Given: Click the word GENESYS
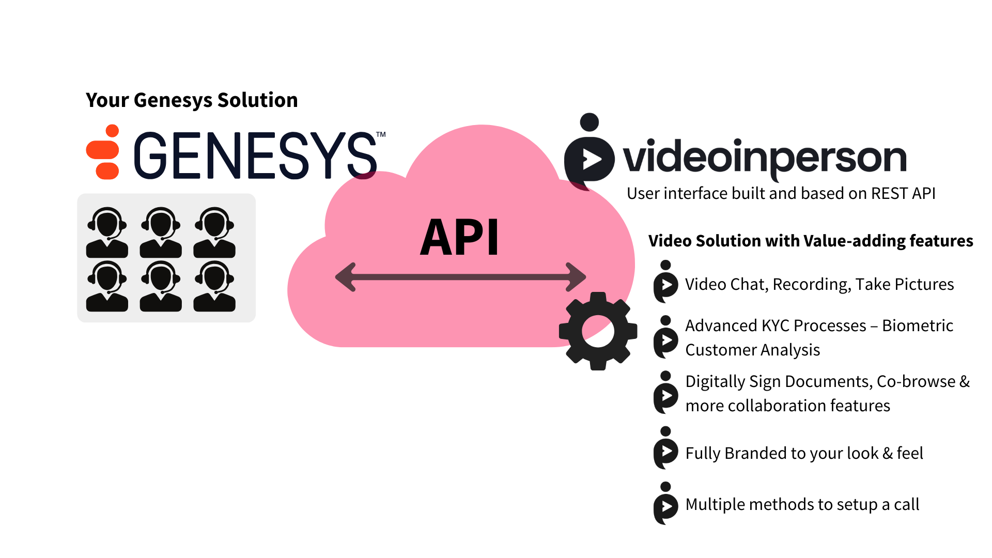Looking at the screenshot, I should point(256,155).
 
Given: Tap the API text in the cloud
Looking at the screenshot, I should point(459,238).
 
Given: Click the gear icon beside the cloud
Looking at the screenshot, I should point(598,331).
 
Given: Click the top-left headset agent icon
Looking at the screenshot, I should point(107,233).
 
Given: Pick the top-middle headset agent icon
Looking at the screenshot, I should point(161,233).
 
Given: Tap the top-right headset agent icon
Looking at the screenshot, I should point(214,233).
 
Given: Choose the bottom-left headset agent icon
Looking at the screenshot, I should point(107,286).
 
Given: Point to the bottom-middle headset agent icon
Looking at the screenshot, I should point(161,286).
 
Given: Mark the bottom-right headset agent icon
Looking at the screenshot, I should point(214,286).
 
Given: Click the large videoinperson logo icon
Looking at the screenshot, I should point(590,152).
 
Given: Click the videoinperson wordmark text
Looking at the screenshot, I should point(765,158).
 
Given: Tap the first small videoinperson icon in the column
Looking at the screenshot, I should point(665,282).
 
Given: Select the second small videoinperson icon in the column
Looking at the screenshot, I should point(665,337).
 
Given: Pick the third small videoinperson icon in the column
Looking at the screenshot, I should point(665,393).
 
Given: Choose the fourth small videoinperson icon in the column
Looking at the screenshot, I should point(665,448).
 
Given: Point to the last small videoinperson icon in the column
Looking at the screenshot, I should point(665,504).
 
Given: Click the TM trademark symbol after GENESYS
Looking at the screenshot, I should point(381,135).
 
